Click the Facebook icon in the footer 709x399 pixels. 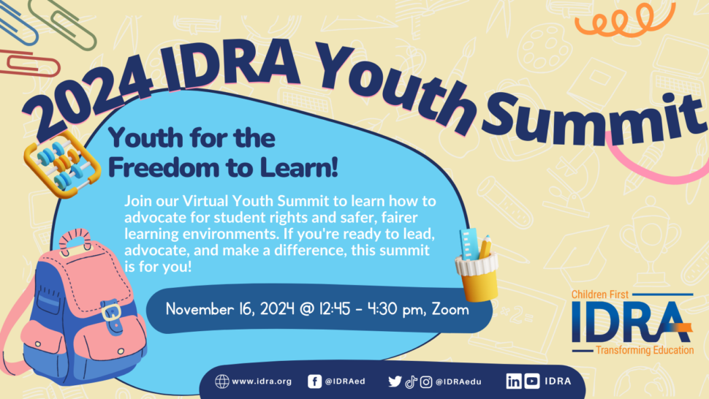point(315,381)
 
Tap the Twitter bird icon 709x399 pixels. point(395,382)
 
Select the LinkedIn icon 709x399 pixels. point(514,381)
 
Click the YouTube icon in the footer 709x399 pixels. point(532,381)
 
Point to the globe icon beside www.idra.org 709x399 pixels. point(222,381)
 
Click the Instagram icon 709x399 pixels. point(426,382)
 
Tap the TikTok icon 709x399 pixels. point(411,382)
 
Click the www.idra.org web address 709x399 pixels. point(262,381)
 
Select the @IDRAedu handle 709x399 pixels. point(458,382)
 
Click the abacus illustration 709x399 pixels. point(62,164)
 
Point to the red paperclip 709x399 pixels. point(29,64)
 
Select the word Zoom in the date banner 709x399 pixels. point(450,309)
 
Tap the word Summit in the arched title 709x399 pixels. point(592,118)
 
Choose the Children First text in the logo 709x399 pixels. point(600,294)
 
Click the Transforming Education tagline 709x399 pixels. point(645,350)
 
